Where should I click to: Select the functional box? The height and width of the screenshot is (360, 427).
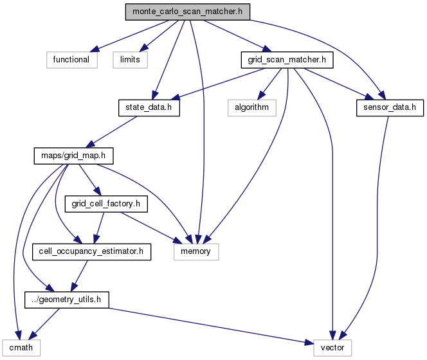pos(71,59)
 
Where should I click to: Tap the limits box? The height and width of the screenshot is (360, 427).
pos(131,59)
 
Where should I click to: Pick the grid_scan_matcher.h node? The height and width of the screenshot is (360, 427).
pos(287,59)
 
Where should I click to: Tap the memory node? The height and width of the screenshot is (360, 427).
pos(195,251)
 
